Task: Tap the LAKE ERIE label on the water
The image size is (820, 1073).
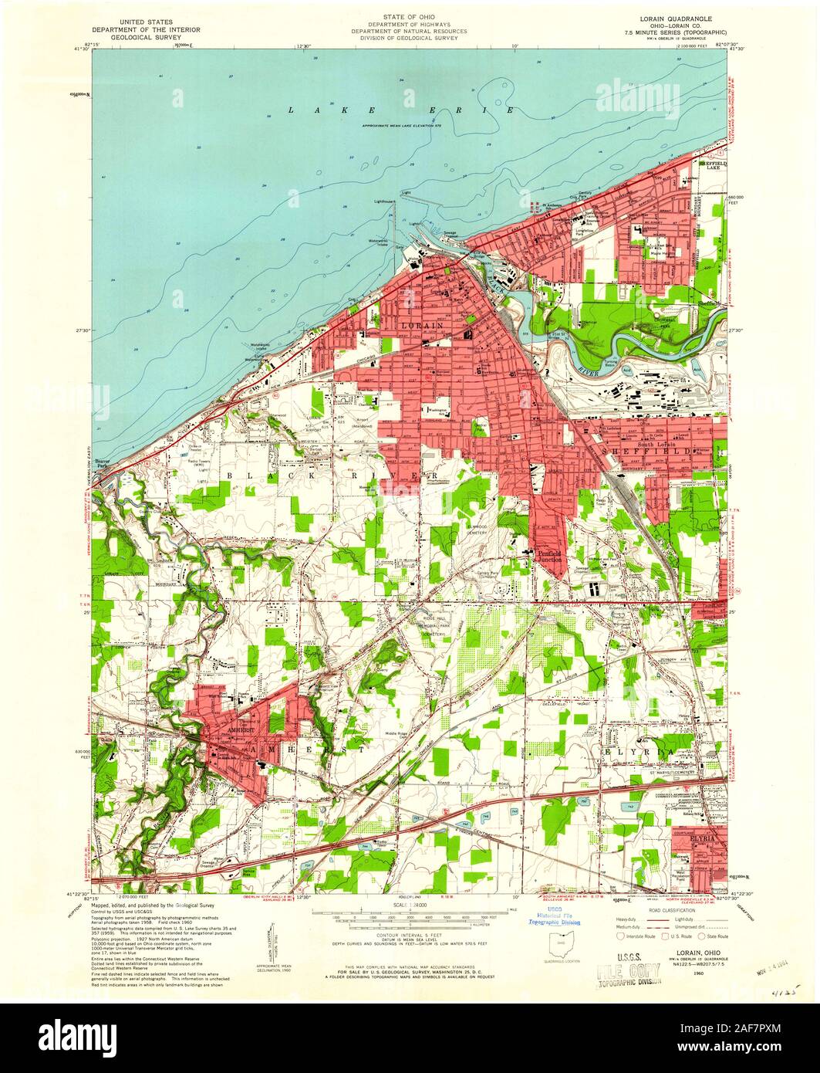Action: tap(400, 110)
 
